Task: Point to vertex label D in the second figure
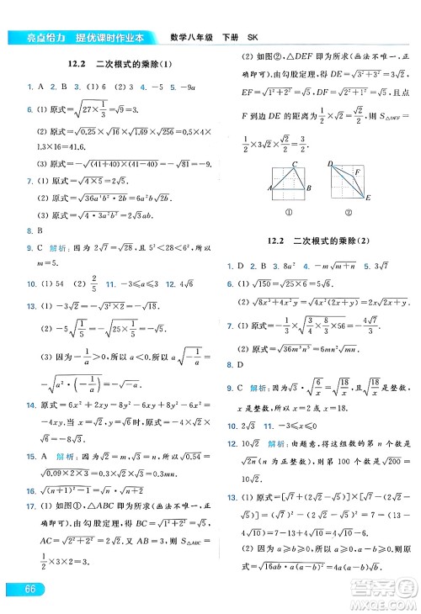331,163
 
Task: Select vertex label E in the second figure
368,198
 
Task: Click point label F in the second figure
357,172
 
